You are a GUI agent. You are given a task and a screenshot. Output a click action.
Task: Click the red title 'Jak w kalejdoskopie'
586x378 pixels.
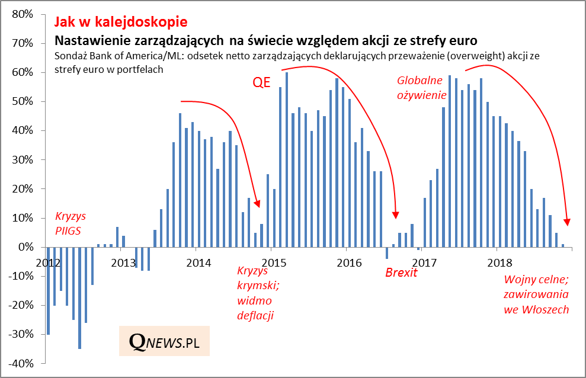[120, 22]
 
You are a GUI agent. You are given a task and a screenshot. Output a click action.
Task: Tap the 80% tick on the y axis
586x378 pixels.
[21, 14]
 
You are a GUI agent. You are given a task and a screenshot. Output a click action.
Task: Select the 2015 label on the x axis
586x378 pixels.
[271, 262]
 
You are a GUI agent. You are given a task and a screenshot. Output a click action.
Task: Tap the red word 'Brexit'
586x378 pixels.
[401, 273]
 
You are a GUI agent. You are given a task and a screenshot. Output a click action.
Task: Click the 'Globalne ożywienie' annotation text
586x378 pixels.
[421, 87]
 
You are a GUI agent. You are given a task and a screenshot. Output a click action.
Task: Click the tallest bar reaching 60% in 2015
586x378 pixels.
[287, 159]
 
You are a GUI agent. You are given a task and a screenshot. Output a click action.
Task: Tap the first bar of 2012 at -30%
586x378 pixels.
[48, 290]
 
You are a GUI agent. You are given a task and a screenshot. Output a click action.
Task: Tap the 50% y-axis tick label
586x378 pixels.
[21, 101]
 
